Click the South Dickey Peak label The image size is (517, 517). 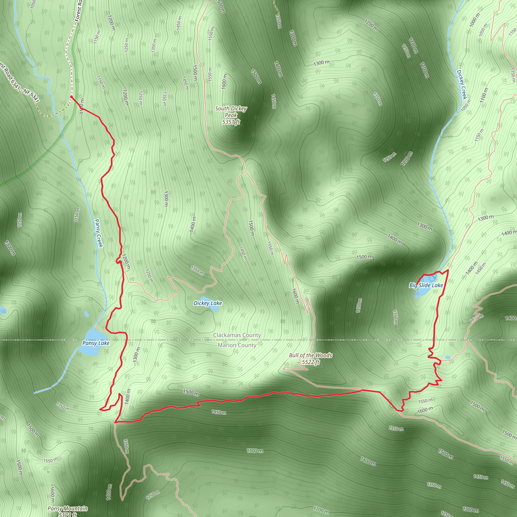point(231,112)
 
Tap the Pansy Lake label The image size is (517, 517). point(96,343)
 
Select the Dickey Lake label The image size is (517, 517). point(208,303)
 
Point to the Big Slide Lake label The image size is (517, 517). point(426,285)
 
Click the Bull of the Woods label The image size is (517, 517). point(311,355)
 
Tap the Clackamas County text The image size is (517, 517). point(237,335)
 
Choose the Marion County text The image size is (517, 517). point(237,345)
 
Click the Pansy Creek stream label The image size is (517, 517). point(99,233)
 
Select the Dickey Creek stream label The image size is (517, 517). point(462,85)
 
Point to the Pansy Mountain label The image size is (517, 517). point(67,508)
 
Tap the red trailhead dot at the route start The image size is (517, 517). point(71,97)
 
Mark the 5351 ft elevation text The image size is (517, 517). point(231,122)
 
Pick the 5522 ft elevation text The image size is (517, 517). point(311,362)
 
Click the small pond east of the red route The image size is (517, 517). point(448,357)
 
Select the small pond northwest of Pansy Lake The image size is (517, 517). point(86,314)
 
